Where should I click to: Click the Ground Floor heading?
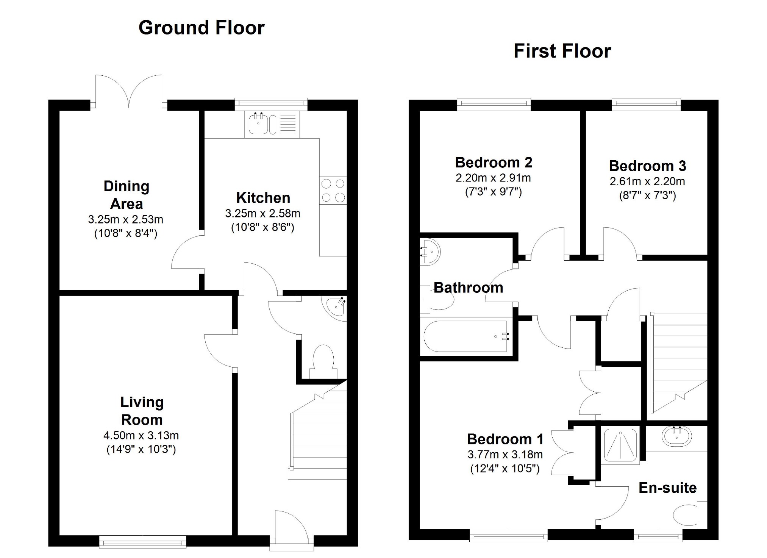[202, 28]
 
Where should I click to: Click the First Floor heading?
[562, 51]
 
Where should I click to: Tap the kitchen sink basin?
[258, 125]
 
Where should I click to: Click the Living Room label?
[142, 411]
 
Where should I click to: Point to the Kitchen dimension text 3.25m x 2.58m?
[263, 213]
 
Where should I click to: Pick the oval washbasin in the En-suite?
[677, 436]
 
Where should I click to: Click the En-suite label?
[668, 488]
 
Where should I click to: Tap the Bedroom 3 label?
[648, 166]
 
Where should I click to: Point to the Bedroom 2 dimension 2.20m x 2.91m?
[493, 178]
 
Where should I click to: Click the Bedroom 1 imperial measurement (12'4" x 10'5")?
[505, 469]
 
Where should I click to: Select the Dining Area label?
[127, 195]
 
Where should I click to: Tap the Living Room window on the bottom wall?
[142, 542]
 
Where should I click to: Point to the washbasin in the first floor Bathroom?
[431, 251]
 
